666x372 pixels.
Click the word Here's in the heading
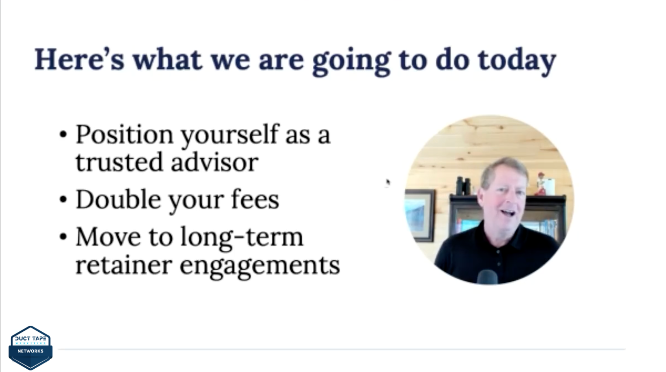(80, 59)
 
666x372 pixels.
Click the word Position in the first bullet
(125, 134)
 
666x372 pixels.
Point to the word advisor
(214, 162)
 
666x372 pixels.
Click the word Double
(119, 199)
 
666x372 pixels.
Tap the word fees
(255, 199)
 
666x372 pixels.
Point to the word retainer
(124, 265)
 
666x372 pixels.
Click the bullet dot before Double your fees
(63, 200)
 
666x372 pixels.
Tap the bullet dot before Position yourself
(63, 135)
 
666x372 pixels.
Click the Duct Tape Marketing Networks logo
(30, 348)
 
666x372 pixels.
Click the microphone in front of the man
(487, 277)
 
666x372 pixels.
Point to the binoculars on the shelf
(463, 186)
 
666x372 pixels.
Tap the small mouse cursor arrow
(388, 183)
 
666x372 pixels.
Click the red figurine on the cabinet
(541, 183)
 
